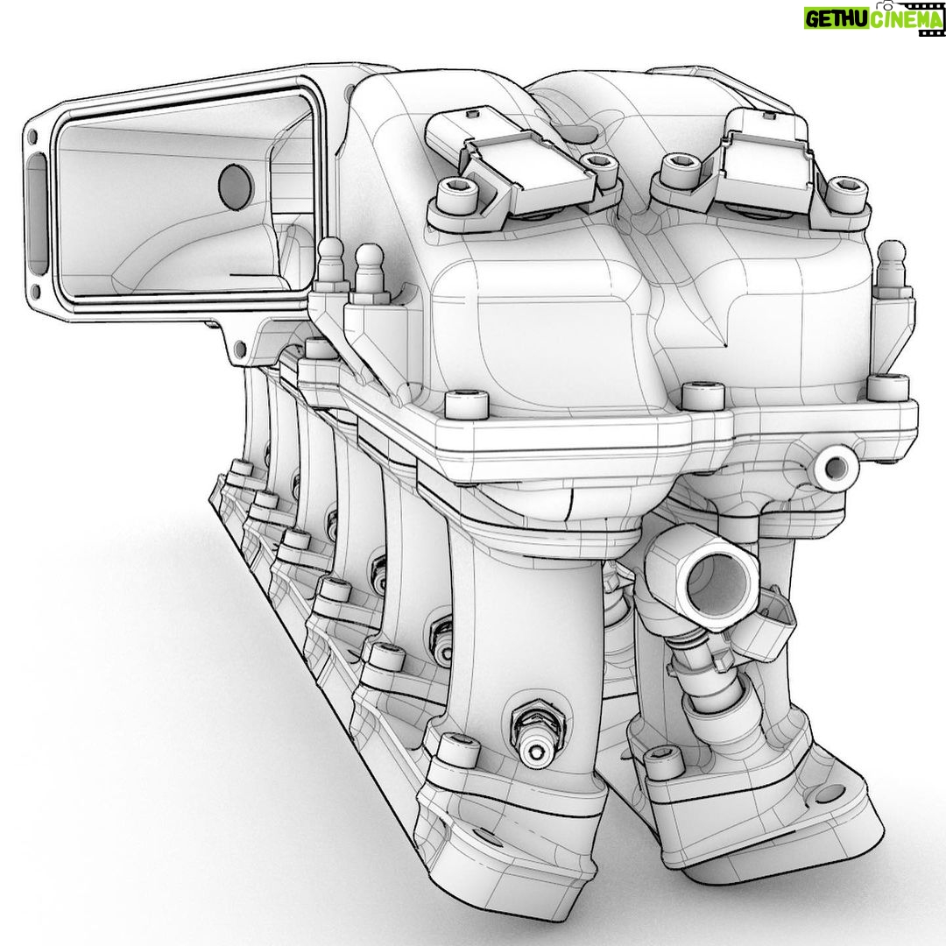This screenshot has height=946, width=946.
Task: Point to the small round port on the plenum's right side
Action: tap(836, 466)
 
